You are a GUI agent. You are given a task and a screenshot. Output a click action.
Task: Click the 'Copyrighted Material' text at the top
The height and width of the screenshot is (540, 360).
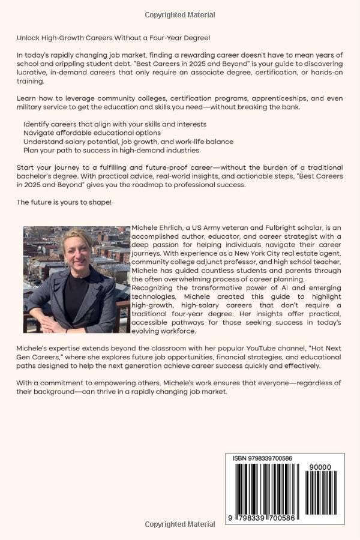click(180, 14)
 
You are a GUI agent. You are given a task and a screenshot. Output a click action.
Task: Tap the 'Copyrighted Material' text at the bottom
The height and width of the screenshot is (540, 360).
click(180, 524)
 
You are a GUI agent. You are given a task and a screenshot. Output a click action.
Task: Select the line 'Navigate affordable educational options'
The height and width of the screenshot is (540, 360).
click(92, 133)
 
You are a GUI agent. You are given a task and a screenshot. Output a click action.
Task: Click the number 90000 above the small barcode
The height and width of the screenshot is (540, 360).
click(322, 467)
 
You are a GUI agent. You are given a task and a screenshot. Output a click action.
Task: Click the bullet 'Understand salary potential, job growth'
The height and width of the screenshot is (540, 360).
click(128, 142)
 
